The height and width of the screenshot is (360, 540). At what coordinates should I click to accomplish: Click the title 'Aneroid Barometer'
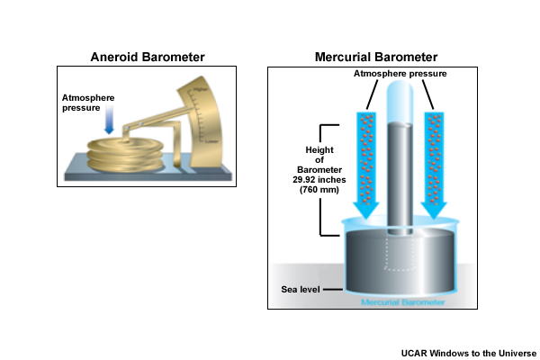click(148, 57)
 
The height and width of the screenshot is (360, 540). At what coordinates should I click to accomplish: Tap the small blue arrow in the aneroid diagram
click(108, 123)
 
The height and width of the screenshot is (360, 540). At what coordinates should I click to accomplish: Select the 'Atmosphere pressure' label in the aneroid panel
click(88, 103)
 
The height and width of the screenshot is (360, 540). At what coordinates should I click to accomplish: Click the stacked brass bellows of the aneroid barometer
click(125, 155)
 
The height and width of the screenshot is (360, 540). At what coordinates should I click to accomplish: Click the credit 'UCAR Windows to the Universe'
click(468, 352)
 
